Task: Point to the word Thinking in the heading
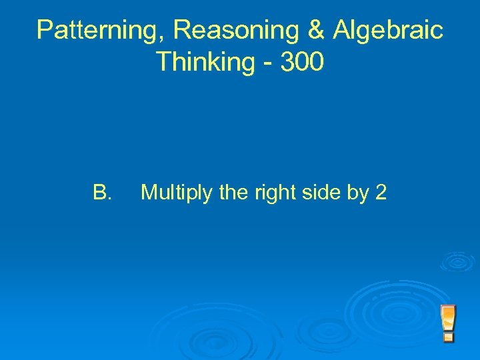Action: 203,62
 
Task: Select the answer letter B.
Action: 102,193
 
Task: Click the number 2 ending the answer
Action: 381,193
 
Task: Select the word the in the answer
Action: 233,193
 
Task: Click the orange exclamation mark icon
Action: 448,323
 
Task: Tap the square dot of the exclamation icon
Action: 448,337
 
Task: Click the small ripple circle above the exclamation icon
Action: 457,261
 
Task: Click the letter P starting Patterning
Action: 45,31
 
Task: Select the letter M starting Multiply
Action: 149,193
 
